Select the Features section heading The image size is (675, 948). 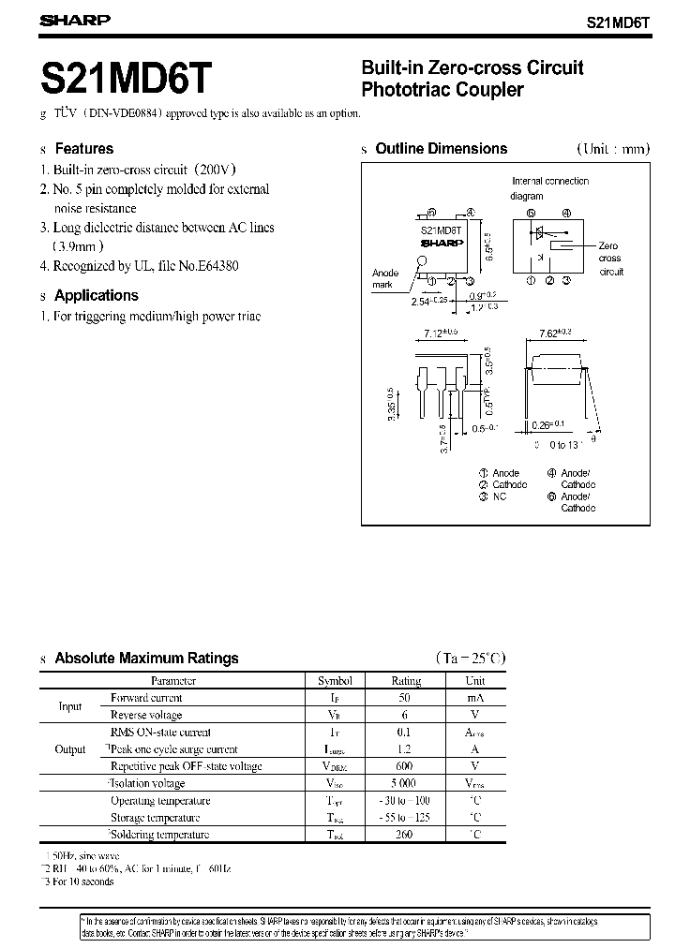pos(83,148)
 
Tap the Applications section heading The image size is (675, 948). pos(96,295)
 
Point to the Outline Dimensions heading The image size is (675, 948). pos(441,148)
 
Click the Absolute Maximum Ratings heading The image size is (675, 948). pos(146,659)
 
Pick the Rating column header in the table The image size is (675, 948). pos(405,681)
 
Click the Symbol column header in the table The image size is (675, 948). pos(335,681)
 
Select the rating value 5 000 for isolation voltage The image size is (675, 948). pos(405,783)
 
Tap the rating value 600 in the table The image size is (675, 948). pos(405,766)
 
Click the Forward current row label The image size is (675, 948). pos(146,698)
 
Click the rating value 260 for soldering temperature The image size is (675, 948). pos(405,835)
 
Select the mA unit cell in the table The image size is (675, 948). pos(475,698)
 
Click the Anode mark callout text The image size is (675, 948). pos(385,279)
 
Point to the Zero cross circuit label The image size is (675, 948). pos(609,259)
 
